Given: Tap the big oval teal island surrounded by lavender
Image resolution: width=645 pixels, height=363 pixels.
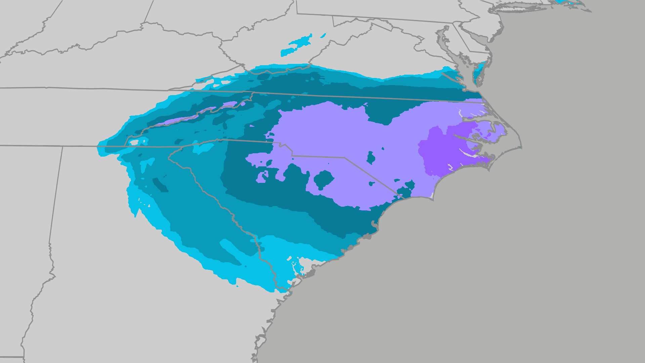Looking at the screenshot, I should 323,179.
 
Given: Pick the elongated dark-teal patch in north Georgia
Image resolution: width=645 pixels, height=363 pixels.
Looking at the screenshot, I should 160,185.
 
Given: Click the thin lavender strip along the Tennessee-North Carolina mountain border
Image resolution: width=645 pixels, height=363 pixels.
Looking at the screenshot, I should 188,116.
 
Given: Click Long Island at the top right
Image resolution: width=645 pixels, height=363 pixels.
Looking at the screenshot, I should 537,7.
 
